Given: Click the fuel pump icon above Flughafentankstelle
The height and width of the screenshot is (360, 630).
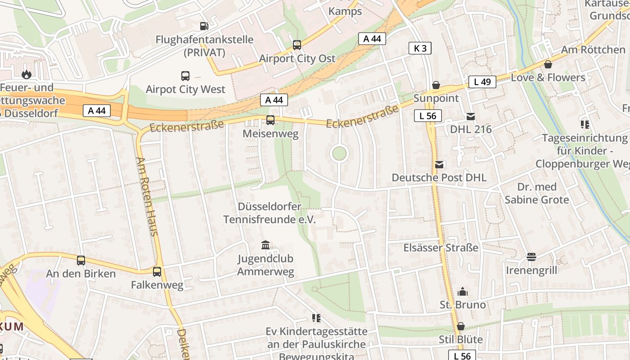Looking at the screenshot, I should [204, 26].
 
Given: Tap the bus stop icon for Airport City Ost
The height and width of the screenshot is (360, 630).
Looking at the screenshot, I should [297, 45].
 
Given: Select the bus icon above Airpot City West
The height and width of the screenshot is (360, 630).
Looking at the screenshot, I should [185, 76].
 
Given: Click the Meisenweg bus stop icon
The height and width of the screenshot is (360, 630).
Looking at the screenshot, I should [270, 120].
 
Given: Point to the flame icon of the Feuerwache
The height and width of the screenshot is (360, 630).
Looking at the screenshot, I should [27, 74].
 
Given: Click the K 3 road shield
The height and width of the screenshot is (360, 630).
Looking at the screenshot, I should [420, 48].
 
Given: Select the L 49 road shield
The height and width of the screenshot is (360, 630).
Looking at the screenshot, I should [482, 82].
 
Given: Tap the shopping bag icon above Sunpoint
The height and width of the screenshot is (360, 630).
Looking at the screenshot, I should [436, 85].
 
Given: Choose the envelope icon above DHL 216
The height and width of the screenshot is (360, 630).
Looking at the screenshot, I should [471, 117].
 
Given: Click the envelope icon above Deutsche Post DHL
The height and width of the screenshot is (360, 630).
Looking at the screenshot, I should [439, 165].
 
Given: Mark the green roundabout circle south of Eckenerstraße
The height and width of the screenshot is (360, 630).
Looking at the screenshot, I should [339, 153].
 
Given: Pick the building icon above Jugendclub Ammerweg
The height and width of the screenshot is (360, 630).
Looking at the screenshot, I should [265, 245].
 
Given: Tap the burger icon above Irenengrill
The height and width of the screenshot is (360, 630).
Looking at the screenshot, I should [531, 257].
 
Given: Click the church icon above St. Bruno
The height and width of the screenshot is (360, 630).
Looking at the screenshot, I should [463, 292].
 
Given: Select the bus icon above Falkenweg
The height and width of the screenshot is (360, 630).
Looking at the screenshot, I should [157, 272].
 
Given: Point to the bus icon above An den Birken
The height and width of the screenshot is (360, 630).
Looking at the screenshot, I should [81, 261].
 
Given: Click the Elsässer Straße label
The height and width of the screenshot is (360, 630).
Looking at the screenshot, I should [441, 247].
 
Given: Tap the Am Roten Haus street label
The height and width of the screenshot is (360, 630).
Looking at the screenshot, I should [148, 196].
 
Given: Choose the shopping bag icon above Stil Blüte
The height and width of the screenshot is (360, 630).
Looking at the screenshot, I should [461, 326].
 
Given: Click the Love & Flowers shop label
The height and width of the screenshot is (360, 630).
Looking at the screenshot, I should [548, 77].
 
